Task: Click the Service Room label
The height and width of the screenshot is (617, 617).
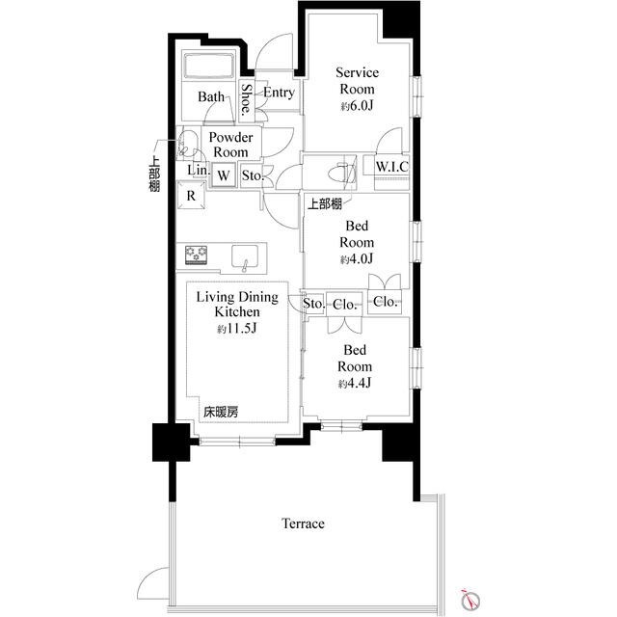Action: click(x=358, y=81)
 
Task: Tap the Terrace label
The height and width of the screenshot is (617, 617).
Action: click(x=304, y=523)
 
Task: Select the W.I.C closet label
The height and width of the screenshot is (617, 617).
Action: click(x=392, y=167)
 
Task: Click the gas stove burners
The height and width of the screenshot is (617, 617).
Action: click(x=197, y=255)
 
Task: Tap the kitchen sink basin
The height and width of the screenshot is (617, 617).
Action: click(x=245, y=257)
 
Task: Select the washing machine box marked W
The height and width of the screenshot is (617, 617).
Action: click(x=224, y=175)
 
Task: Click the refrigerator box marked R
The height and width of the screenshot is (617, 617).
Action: click(x=191, y=195)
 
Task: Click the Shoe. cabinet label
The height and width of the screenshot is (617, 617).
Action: click(x=246, y=99)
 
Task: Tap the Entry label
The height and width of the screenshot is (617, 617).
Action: click(x=279, y=93)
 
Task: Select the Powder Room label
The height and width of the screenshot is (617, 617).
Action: click(x=230, y=145)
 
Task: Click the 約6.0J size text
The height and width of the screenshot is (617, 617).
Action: click(x=357, y=105)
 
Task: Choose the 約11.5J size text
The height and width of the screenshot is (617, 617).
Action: click(x=237, y=328)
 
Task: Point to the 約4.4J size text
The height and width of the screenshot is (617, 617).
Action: click(x=355, y=383)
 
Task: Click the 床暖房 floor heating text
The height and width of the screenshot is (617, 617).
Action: click(x=221, y=412)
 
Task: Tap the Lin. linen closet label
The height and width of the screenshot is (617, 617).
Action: click(x=199, y=170)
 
